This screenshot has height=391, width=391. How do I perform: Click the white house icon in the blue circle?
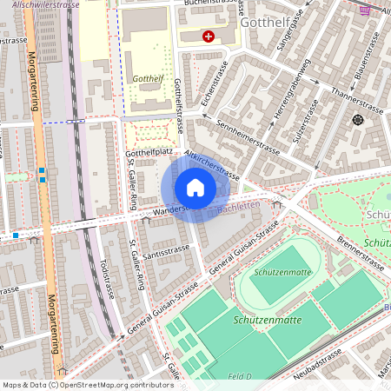point(195,188)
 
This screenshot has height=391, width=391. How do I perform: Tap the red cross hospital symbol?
point(208,36)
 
